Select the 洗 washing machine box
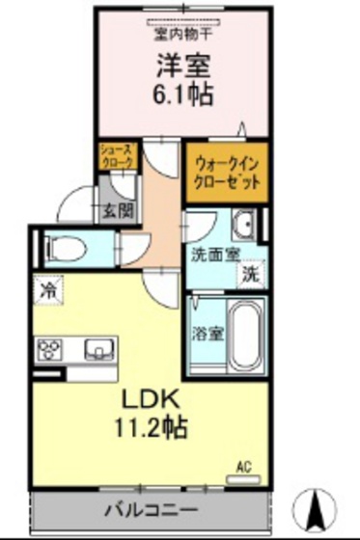tap(249, 273)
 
